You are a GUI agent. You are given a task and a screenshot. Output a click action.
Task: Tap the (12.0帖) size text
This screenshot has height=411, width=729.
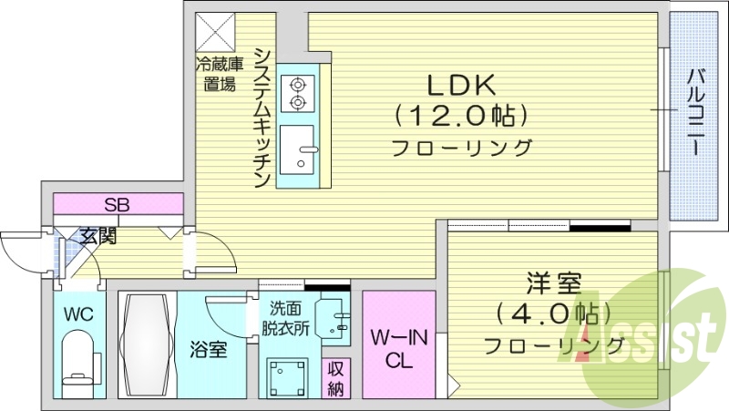(462, 116)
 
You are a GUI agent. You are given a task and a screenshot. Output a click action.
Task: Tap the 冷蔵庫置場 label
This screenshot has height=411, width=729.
(220, 75)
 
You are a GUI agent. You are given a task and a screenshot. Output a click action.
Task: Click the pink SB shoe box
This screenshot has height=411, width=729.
(116, 204)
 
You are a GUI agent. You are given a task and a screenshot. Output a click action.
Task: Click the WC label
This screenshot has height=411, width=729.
(78, 314)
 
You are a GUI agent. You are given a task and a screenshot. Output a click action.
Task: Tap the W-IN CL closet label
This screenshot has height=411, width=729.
(398, 348)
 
